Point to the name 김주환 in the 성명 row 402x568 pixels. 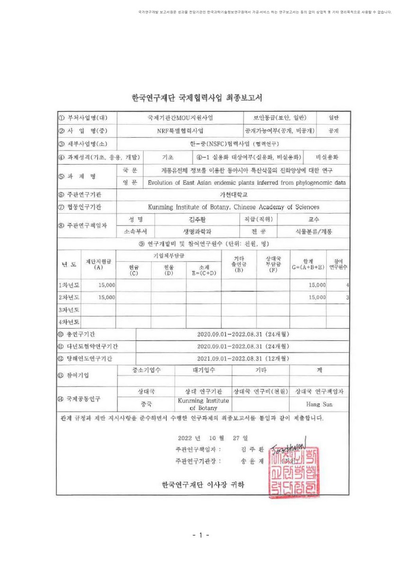[197, 219]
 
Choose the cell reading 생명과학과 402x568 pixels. [197, 231]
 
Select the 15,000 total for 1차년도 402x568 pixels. [317, 285]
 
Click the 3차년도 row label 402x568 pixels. [68, 310]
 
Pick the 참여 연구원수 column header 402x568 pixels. [339, 264]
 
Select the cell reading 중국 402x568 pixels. [146, 404]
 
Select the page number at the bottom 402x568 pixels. [201, 535]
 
